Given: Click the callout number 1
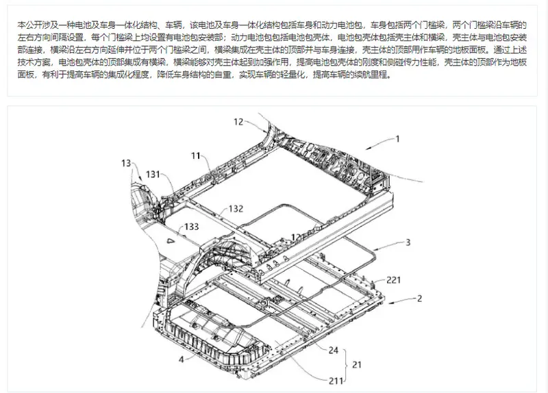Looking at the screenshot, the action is [x=397, y=139].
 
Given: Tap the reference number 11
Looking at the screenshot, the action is [x=196, y=156].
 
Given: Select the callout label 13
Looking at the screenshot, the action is [x=126, y=163].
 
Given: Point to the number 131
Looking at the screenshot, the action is [x=153, y=175].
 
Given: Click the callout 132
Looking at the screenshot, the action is [x=236, y=209].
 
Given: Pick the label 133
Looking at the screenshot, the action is [x=192, y=227].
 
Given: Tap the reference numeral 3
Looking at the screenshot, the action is [x=408, y=242].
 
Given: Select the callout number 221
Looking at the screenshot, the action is [x=393, y=280].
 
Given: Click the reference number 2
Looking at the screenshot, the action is [x=419, y=299].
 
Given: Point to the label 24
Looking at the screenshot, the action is [x=334, y=350].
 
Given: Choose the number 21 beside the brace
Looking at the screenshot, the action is [x=356, y=365].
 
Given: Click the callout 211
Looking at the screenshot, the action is [x=336, y=381].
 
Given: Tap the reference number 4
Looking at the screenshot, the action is [x=181, y=359].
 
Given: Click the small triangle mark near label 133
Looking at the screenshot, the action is [x=170, y=240].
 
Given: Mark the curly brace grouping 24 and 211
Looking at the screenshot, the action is [x=346, y=366].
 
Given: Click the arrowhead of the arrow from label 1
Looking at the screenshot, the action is [x=368, y=149].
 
